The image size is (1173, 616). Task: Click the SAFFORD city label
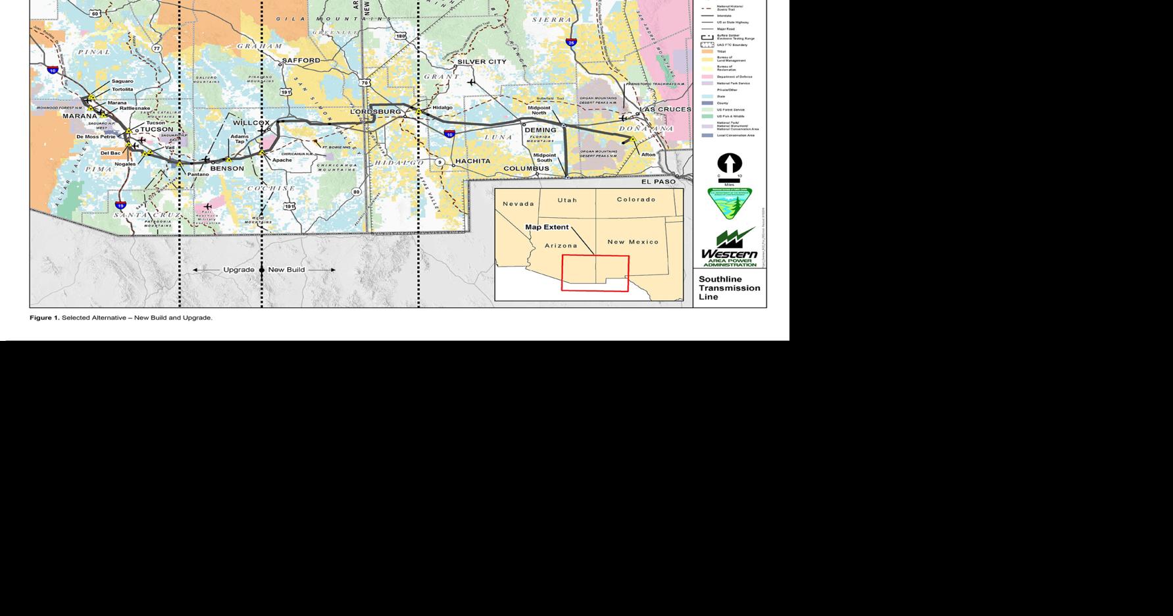pos(301,61)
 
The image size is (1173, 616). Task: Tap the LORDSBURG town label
pos(375,112)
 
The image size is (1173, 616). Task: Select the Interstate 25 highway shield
pos(571,43)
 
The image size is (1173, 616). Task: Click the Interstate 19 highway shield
pos(120,205)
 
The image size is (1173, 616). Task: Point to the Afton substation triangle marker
pos(634,140)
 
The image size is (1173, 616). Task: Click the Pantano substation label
pos(198,174)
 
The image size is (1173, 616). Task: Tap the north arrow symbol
pos(729,163)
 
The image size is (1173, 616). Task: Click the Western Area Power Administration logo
pos(729,247)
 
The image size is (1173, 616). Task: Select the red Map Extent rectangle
pos(595,273)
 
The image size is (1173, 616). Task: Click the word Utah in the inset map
pos(567,200)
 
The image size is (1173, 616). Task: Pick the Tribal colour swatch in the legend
pos(707,51)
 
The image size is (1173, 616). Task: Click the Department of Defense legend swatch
pos(707,77)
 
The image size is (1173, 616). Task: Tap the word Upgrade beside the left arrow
pos(238,270)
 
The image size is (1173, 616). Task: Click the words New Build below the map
pos(286,270)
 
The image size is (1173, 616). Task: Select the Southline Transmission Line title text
pos(729,288)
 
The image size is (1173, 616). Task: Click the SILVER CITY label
pos(482,62)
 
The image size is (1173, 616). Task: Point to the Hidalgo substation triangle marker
pos(418,112)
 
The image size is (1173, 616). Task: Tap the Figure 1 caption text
pos(121,318)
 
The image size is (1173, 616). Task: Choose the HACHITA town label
pos(472,161)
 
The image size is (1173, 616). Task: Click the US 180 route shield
pos(400,36)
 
